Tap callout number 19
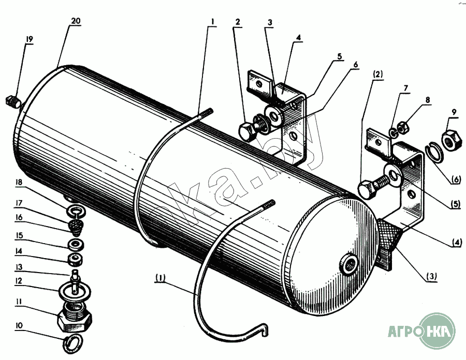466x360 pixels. pos(30,39)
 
